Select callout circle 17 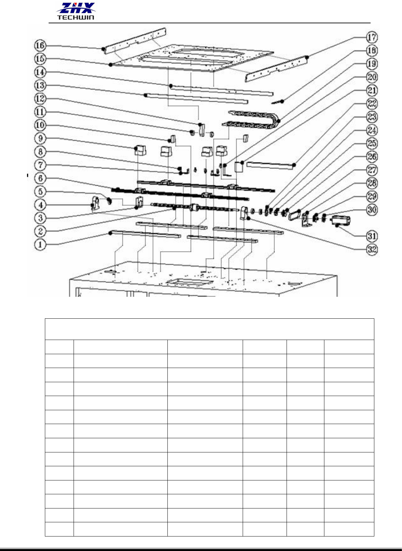click(372, 37)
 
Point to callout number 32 click(372, 250)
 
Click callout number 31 click(372, 236)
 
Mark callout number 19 click(372, 64)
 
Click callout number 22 click(372, 104)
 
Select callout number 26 click(372, 157)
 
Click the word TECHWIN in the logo click(76, 17)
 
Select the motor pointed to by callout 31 click(341, 221)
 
